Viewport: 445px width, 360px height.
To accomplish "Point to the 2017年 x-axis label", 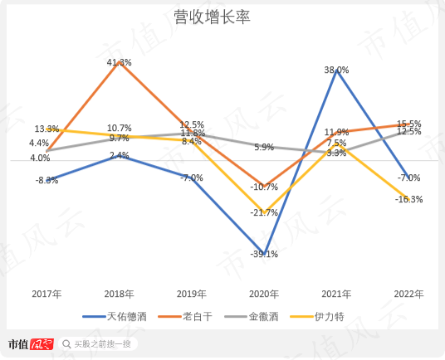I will point(46,294).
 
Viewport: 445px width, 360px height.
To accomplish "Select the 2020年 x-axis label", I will point(263,294).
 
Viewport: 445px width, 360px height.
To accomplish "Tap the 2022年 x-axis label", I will point(408,294).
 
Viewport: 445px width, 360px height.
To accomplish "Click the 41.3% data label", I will point(119,62).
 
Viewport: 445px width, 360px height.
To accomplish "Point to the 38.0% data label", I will point(336,71).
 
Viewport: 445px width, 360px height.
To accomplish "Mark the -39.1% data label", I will point(263,255).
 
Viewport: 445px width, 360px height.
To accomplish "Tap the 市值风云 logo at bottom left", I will point(31,343).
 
